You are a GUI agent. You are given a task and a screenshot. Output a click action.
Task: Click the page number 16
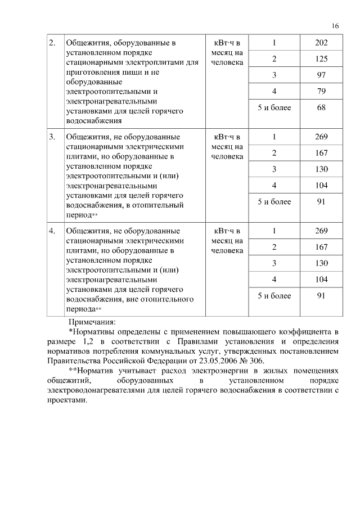pos(335,26)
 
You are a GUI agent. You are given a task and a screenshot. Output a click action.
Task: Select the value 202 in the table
pos(321,43)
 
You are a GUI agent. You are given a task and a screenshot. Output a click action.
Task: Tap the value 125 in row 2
pos(321,58)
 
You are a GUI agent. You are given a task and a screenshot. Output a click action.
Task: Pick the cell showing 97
pos(321,75)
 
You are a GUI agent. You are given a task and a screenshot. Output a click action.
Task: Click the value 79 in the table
pos(321,91)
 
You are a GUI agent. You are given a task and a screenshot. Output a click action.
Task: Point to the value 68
pos(321,107)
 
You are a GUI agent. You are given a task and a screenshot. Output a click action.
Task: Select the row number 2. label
pos(52,43)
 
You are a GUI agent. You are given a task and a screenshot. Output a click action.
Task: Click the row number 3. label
pos(52,137)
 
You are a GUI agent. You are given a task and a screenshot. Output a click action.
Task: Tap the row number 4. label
pos(52,231)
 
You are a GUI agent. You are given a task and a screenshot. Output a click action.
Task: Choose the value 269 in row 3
pos(321,137)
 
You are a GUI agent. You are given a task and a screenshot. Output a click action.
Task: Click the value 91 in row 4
pos(321,295)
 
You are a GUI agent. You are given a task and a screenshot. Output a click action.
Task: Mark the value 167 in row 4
pos(321,247)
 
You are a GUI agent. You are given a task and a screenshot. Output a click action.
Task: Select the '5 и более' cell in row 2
pos(274,107)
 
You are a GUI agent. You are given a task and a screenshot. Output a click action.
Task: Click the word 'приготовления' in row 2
pos(92,72)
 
